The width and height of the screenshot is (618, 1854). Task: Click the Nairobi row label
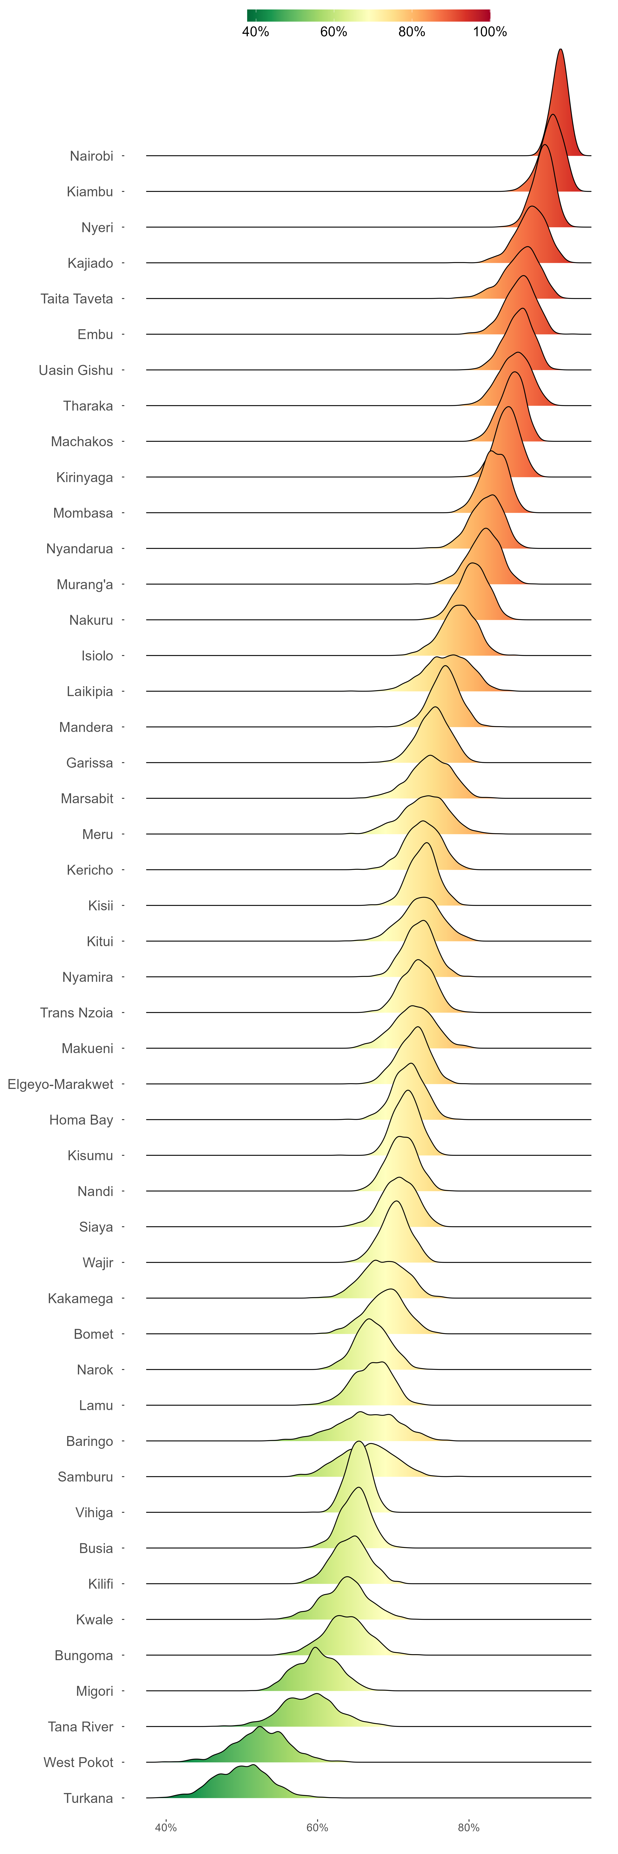(91, 156)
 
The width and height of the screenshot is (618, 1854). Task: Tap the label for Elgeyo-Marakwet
(60, 1084)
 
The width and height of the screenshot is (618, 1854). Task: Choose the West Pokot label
(78, 1762)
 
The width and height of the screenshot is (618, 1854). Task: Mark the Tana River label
(81, 1727)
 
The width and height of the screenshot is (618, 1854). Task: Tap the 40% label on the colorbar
(255, 32)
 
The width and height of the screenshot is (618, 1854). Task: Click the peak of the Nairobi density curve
(561, 50)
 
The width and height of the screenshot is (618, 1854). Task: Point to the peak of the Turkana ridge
(252, 1765)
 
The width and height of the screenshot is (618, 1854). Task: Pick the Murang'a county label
(85, 584)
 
